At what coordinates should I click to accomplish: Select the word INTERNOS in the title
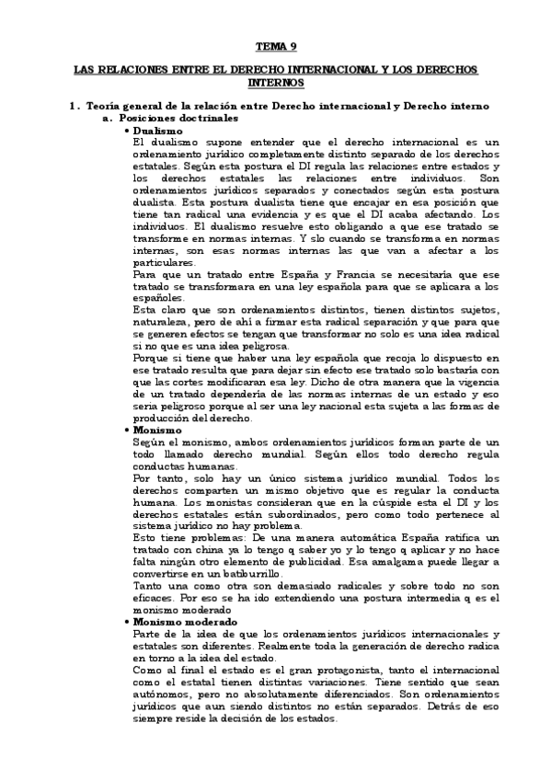pos(275,83)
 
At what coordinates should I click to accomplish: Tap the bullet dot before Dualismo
pos(125,131)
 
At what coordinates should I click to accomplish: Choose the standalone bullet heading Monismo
pos(157,430)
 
